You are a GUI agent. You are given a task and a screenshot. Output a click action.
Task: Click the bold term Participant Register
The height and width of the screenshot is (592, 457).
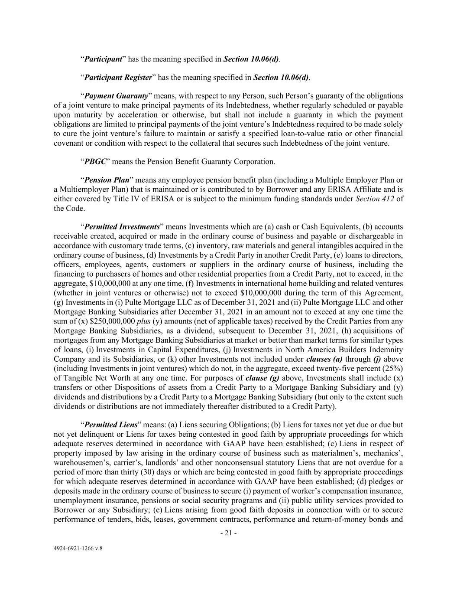(x=118, y=78)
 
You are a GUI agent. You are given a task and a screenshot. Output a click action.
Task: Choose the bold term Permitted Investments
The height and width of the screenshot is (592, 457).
(x=122, y=227)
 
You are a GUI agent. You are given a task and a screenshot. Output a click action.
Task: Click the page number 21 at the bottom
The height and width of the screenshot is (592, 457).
(x=228, y=533)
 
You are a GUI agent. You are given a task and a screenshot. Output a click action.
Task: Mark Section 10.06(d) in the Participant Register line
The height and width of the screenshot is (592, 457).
(x=281, y=78)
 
